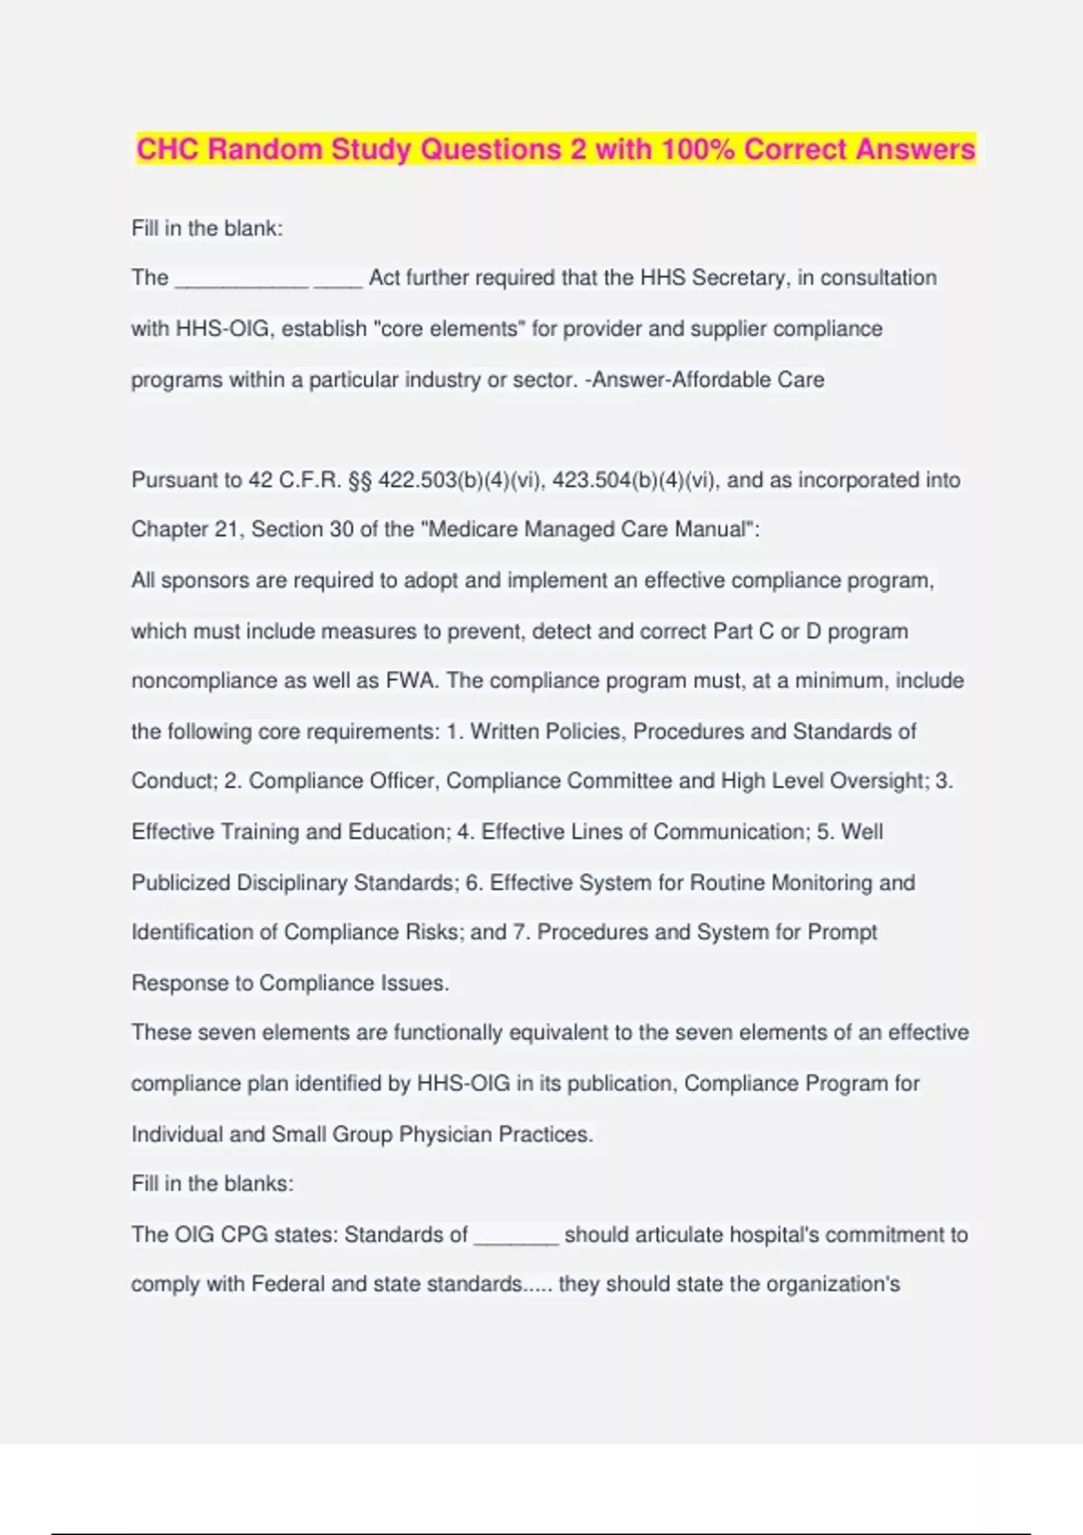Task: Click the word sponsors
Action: tap(207, 581)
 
